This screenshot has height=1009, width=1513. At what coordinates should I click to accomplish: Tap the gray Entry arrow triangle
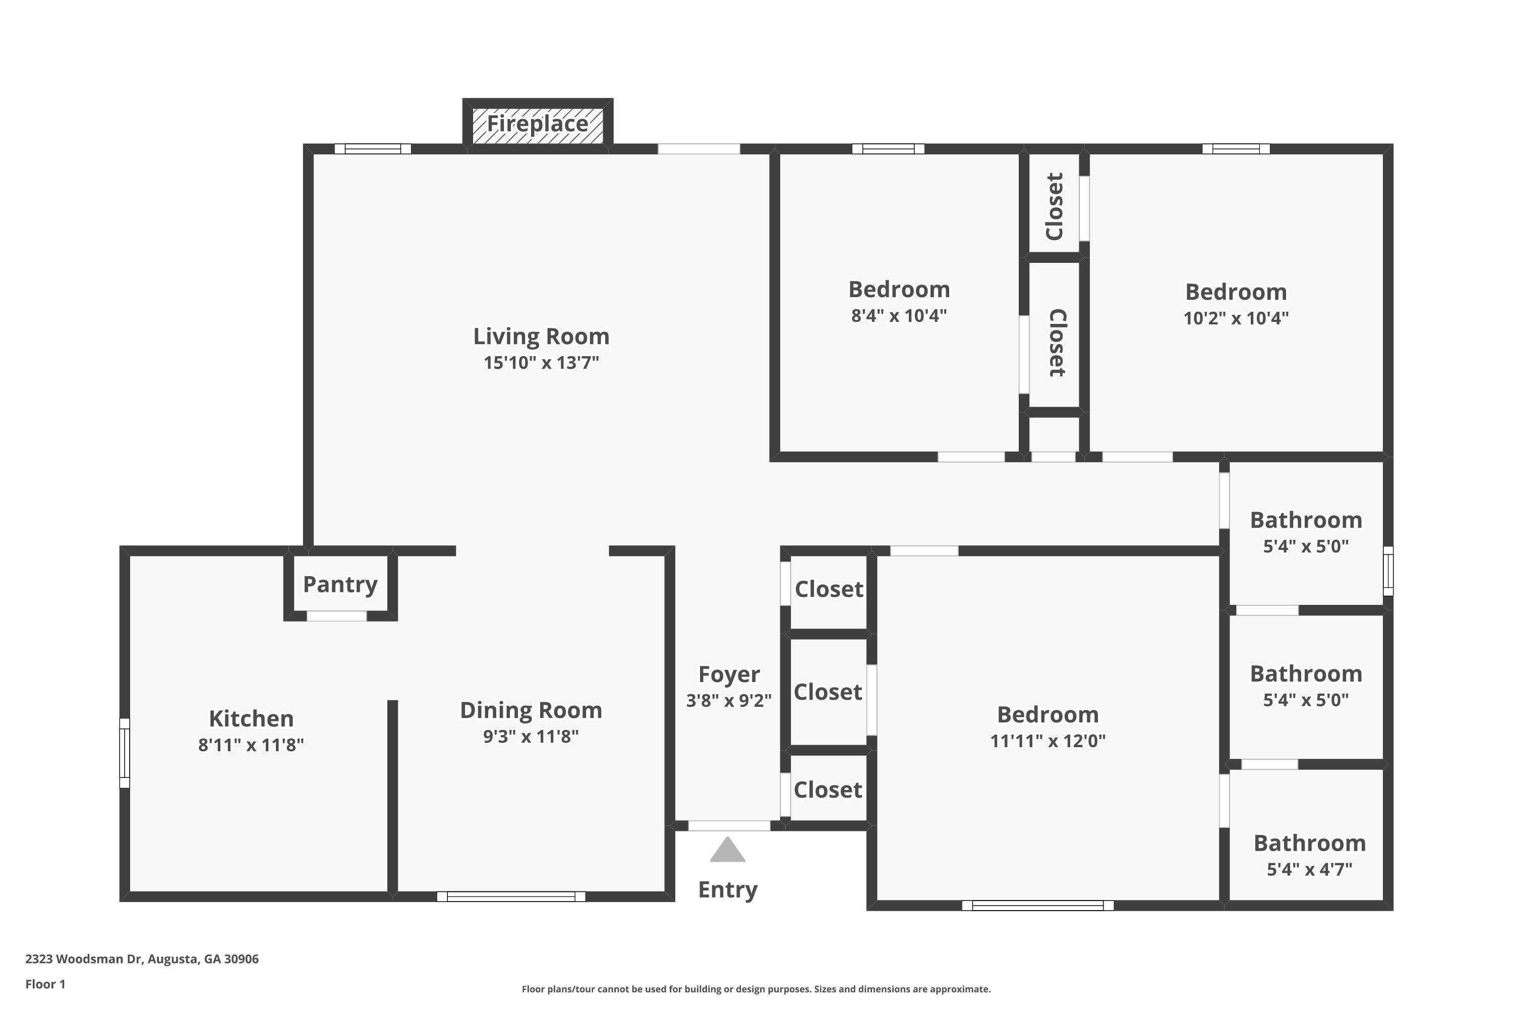point(728,851)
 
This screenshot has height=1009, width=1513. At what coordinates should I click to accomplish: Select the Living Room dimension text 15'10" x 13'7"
point(541,363)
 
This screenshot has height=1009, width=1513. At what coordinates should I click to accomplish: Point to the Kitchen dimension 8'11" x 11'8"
point(251,745)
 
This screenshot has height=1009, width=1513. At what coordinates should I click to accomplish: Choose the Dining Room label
point(531,710)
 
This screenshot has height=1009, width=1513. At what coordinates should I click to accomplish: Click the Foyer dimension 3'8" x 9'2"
point(729,700)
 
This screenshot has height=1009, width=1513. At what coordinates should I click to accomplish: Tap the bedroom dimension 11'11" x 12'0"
point(1048,741)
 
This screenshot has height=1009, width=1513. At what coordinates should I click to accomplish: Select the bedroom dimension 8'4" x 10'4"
point(899,316)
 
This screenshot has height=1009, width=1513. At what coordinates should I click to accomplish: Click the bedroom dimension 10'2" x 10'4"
point(1236,318)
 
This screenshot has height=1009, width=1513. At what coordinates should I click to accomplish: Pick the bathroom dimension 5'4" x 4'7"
point(1309,870)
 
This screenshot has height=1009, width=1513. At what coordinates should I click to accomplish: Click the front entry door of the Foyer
point(729,825)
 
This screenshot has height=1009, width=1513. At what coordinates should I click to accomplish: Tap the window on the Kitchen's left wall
point(125,753)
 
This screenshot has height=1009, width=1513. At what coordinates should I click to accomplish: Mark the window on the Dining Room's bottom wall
point(511,896)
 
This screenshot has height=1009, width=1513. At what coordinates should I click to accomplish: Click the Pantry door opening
point(336,616)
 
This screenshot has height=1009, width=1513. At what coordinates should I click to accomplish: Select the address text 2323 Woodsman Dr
point(142,959)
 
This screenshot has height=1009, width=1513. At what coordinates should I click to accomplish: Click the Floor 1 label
point(45,984)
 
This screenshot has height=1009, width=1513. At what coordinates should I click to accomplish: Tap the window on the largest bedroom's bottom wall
point(1037,906)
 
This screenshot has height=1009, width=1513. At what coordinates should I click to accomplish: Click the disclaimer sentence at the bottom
point(756,989)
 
